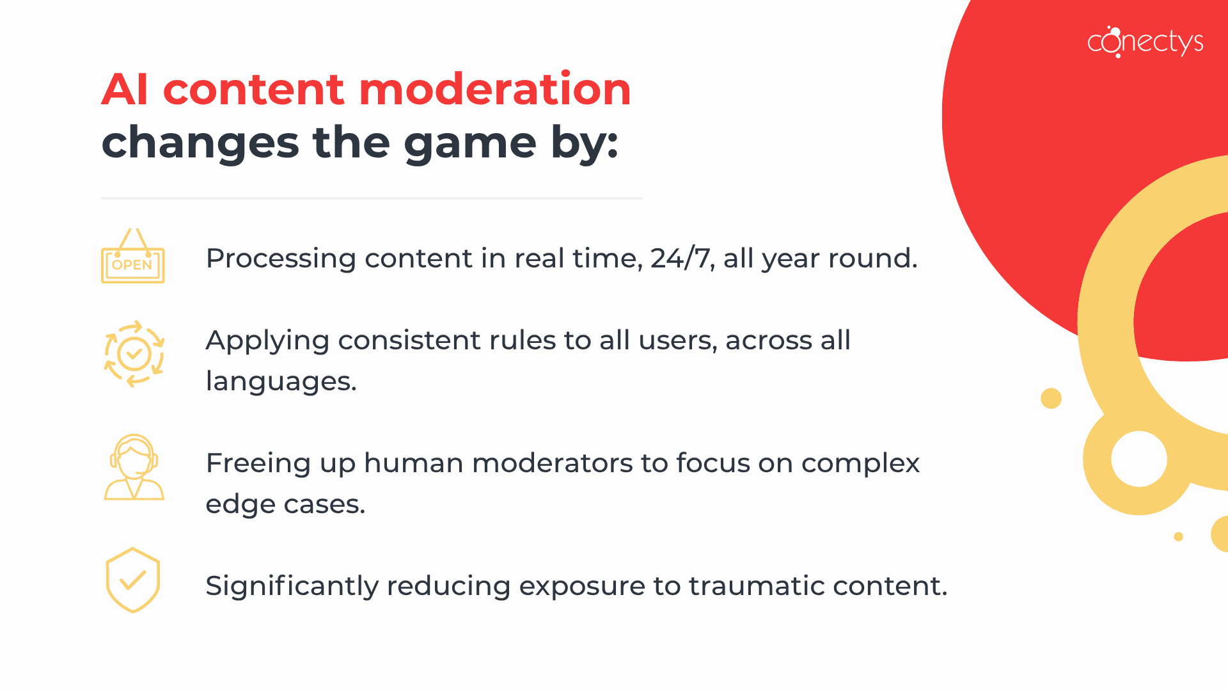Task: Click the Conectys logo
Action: (1145, 42)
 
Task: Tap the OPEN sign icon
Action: (133, 257)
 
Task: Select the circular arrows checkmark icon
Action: (134, 354)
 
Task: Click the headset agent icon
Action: (134, 467)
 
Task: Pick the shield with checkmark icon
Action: (133, 580)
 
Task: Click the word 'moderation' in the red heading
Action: (494, 90)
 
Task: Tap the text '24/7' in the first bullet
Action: (681, 258)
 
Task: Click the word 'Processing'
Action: (281, 258)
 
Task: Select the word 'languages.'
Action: (281, 381)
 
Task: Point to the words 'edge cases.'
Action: (285, 504)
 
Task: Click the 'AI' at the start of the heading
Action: (125, 90)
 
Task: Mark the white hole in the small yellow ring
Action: (1139, 459)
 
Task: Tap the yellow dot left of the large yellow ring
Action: (1051, 398)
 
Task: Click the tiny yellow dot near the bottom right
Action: (1178, 536)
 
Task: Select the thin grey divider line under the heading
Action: (372, 198)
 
